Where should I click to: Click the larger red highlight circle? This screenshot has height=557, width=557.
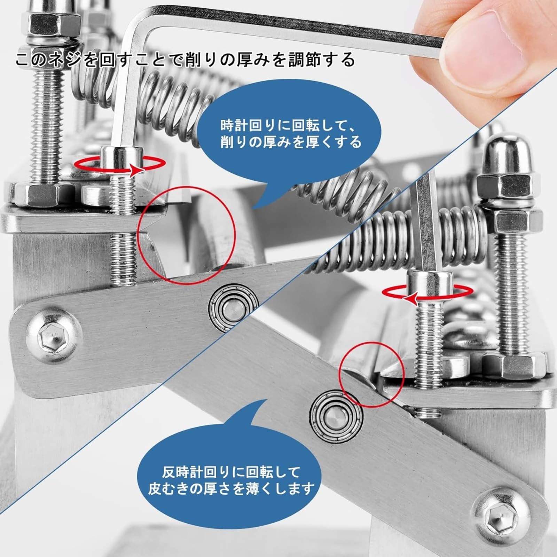click(x=187, y=233)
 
